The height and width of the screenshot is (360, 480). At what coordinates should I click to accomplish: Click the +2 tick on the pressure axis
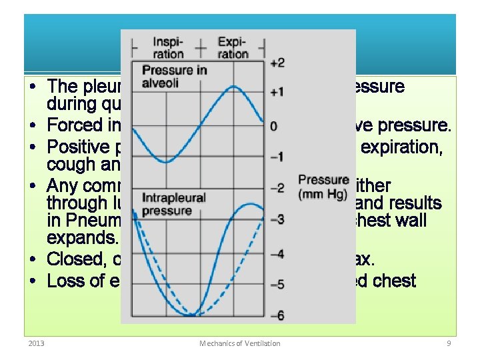(x=277, y=63)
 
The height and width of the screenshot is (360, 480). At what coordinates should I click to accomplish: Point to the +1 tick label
(x=277, y=91)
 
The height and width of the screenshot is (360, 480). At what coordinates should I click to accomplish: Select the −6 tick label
(x=277, y=315)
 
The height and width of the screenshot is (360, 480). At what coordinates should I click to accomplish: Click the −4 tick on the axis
(x=277, y=254)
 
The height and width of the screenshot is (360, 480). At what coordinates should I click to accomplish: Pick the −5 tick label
(x=277, y=285)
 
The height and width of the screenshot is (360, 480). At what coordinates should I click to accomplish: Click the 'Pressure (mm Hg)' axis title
(x=323, y=187)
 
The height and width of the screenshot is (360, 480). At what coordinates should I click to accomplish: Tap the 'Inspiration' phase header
(x=168, y=47)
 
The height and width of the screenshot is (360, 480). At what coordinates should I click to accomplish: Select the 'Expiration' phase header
(x=233, y=47)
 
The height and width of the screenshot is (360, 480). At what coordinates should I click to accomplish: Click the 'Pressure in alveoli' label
(x=174, y=76)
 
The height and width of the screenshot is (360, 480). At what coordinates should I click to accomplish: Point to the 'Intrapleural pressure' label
(x=174, y=204)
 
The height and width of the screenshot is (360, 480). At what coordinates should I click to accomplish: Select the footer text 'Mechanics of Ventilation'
(x=240, y=343)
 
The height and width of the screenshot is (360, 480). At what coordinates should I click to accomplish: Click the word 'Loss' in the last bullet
(x=65, y=281)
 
